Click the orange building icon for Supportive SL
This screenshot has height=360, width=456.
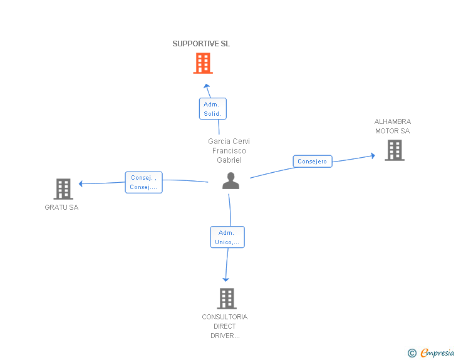[203, 63]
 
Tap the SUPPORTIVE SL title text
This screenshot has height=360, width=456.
[201, 44]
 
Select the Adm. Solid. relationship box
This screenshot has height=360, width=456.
[212, 109]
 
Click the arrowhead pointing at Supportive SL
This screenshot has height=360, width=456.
[207, 86]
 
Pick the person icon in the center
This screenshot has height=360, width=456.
[231, 181]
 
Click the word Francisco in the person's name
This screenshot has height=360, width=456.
[229, 151]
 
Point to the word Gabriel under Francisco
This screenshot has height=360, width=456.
[229, 160]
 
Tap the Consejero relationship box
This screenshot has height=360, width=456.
[313, 162]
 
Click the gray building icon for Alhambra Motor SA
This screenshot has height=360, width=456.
[395, 150]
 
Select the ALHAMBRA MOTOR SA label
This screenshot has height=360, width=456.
[393, 126]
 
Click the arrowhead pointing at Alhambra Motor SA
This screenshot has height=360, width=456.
[373, 156]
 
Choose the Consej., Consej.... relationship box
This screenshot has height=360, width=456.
[143, 182]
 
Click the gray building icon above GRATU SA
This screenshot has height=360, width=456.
[63, 189]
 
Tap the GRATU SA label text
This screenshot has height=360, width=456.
[61, 207]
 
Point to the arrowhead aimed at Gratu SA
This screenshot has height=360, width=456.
[81, 184]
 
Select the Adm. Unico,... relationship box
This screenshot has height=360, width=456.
[227, 237]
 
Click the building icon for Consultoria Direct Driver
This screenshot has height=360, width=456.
[227, 299]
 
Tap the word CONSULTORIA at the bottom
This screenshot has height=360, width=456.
[225, 317]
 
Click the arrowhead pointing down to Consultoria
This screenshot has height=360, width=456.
[225, 279]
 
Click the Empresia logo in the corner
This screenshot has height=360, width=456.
[431, 352]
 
